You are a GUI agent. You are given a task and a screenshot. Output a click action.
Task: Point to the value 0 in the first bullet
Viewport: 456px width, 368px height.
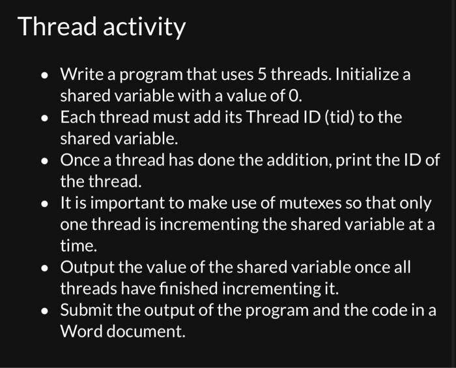click(296, 96)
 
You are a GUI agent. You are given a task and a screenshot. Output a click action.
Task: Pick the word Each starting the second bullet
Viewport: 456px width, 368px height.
click(76, 117)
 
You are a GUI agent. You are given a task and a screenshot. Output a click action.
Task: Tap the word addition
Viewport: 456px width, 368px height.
click(301, 160)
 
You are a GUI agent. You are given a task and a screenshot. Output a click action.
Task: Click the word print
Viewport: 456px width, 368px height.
click(350, 160)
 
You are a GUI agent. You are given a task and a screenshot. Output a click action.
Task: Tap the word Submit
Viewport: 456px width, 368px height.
click(84, 310)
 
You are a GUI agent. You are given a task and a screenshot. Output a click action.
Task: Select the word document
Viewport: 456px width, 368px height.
click(147, 332)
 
